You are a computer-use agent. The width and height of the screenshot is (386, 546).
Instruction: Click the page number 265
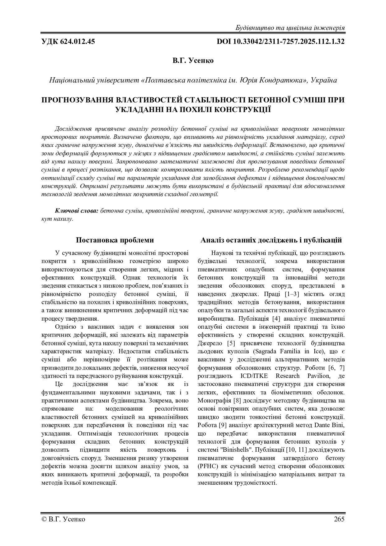(339, 519)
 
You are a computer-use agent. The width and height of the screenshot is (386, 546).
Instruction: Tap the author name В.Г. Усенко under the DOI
(193, 60)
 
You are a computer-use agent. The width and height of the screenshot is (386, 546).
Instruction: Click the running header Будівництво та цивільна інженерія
(290, 28)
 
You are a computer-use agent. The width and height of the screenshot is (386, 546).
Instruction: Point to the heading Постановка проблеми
(115, 240)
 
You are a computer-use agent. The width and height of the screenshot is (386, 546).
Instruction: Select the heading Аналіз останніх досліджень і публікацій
(271, 240)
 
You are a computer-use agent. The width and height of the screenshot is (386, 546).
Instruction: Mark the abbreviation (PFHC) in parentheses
(208, 466)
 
